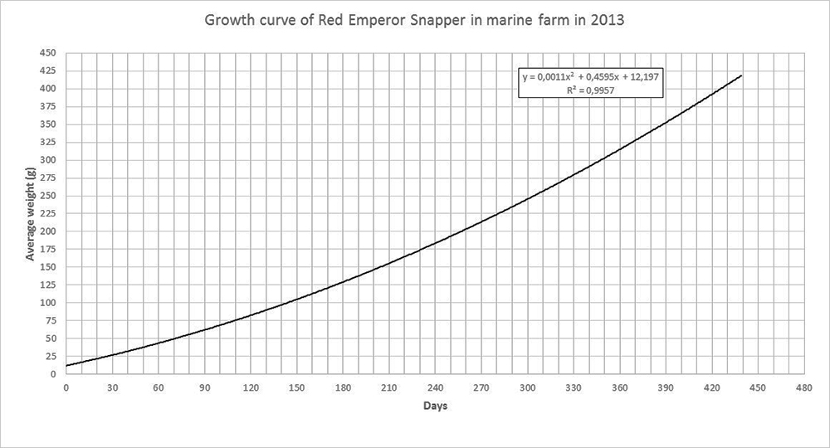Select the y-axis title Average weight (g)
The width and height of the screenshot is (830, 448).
31,213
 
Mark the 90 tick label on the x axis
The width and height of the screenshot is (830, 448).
203,387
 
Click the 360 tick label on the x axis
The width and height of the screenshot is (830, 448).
618,387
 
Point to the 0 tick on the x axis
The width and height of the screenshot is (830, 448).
65,387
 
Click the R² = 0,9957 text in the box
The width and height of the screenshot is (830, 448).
591,89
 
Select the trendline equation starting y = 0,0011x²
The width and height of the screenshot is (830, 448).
591,76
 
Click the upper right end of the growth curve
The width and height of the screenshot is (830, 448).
740,75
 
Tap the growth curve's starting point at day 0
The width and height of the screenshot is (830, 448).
66,365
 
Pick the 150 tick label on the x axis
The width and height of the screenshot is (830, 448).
295,387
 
